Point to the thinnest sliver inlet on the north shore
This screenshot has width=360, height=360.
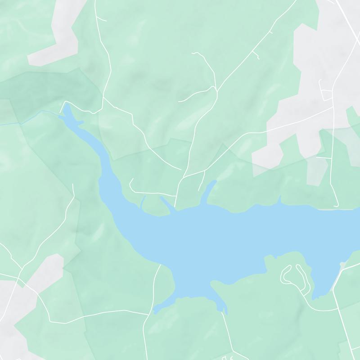(x=143, y=202)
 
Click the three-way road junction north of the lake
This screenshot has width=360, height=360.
(x=217, y=90)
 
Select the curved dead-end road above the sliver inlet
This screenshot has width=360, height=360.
(x=131, y=184)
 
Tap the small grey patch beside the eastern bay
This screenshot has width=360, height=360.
(x=343, y=264)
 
